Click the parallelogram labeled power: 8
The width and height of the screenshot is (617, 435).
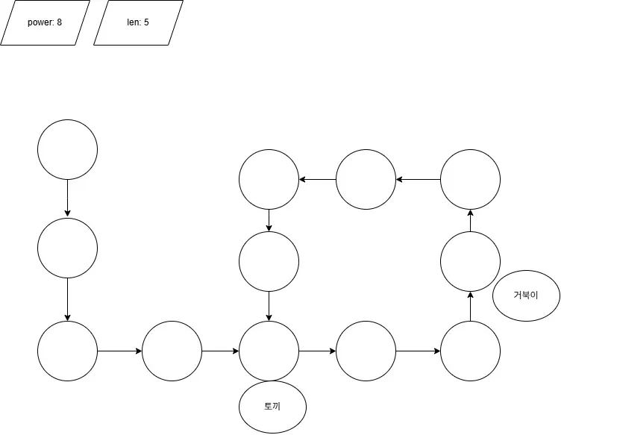click(45, 22)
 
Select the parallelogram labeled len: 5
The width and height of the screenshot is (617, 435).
click(138, 22)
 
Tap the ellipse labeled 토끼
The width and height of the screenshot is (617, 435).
click(272, 407)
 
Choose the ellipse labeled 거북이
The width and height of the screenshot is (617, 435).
click(526, 295)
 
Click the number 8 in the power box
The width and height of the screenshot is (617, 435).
click(59, 22)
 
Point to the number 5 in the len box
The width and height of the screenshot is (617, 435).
click(146, 22)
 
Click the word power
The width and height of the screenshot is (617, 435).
click(40, 22)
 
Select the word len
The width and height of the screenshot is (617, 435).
click(134, 22)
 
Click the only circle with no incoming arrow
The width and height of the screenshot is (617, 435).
click(67, 149)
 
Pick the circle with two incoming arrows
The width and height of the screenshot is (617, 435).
click(269, 351)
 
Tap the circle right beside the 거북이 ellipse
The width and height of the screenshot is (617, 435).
click(470, 261)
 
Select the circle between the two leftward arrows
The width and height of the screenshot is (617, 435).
click(366, 179)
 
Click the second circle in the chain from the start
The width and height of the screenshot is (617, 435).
click(67, 248)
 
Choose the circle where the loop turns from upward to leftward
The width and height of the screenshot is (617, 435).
click(470, 179)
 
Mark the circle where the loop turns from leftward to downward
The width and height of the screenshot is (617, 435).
click(269, 179)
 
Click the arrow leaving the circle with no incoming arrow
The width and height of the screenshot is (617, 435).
click(67, 198)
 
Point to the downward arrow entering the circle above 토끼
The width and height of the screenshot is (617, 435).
click(269, 306)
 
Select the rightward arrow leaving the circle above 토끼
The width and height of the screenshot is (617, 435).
click(317, 351)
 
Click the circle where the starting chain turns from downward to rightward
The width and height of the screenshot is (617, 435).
click(67, 351)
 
